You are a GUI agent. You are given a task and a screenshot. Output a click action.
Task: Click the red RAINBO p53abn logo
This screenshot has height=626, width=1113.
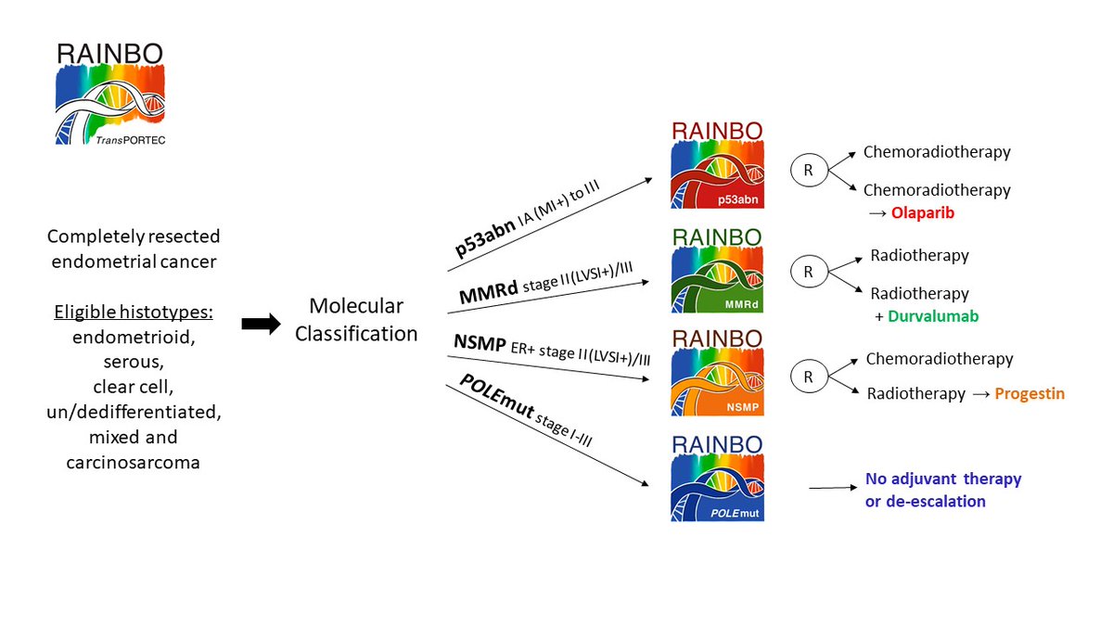[x=717, y=165]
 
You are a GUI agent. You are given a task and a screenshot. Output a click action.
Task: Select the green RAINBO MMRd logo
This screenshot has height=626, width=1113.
[x=717, y=270]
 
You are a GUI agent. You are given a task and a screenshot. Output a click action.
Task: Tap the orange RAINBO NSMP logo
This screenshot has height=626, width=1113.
[x=717, y=374]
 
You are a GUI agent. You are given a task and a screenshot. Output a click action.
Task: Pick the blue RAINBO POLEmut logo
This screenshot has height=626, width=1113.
[x=717, y=479]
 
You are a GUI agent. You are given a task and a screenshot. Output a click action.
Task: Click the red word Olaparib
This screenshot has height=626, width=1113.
[x=923, y=212]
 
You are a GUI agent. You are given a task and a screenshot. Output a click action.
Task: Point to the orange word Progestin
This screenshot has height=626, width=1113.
[x=1030, y=393]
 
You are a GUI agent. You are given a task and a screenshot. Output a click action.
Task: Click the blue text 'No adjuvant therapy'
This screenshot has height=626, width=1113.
[x=943, y=479]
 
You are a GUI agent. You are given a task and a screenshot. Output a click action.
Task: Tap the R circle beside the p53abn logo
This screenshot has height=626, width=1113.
[x=808, y=170]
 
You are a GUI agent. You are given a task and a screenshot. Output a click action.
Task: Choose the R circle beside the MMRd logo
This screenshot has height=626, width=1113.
[x=808, y=273]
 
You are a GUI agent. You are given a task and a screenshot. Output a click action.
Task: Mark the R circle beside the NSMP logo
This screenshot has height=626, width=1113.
[x=808, y=377]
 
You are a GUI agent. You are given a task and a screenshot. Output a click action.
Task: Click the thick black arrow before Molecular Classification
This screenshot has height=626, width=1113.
[x=261, y=324]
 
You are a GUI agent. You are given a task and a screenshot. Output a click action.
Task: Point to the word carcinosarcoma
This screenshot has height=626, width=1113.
[x=133, y=461]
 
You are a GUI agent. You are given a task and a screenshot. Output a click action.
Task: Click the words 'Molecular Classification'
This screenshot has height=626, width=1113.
[x=356, y=319]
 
